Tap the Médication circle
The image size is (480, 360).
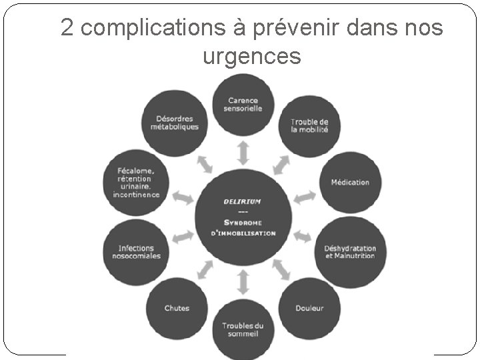click(x=349, y=182)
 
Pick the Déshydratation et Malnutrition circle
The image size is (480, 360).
click(x=349, y=251)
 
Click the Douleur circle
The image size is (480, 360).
click(x=309, y=307)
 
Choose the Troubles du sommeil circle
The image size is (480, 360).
click(x=243, y=329)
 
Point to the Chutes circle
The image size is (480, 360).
click(x=177, y=307)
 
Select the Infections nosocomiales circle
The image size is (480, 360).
click(x=136, y=251)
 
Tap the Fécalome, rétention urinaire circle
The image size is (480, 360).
click(x=136, y=182)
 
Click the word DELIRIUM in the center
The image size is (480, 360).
click(x=243, y=201)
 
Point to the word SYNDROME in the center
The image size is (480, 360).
click(x=243, y=222)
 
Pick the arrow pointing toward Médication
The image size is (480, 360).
click(x=305, y=197)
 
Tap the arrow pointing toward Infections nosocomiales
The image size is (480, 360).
click(x=181, y=235)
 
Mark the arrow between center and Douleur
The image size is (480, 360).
click(x=281, y=269)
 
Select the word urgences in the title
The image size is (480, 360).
click(x=251, y=57)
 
